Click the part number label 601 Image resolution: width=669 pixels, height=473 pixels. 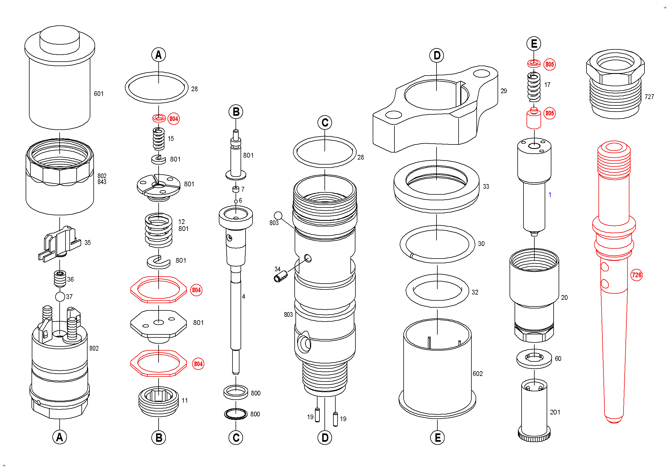point(98,93)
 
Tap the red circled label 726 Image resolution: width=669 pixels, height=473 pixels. point(636,275)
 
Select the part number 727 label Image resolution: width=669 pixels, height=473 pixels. point(649,96)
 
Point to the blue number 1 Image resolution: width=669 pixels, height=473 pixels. point(550,194)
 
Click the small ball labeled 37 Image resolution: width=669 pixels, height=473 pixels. point(60,297)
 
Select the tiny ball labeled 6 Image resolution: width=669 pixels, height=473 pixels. point(236,201)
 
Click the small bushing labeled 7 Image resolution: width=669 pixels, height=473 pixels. point(236,189)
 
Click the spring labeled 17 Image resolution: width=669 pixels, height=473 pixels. point(534,87)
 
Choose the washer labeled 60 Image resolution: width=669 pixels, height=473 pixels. point(534,358)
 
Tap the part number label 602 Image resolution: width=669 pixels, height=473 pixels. point(477,374)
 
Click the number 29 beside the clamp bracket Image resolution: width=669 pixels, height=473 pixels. point(503,91)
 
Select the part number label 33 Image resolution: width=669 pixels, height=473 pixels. point(486,187)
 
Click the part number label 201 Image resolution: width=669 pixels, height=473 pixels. point(555,412)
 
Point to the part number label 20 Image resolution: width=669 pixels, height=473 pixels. point(564,298)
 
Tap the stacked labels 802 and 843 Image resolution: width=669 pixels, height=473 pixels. point(102,179)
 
